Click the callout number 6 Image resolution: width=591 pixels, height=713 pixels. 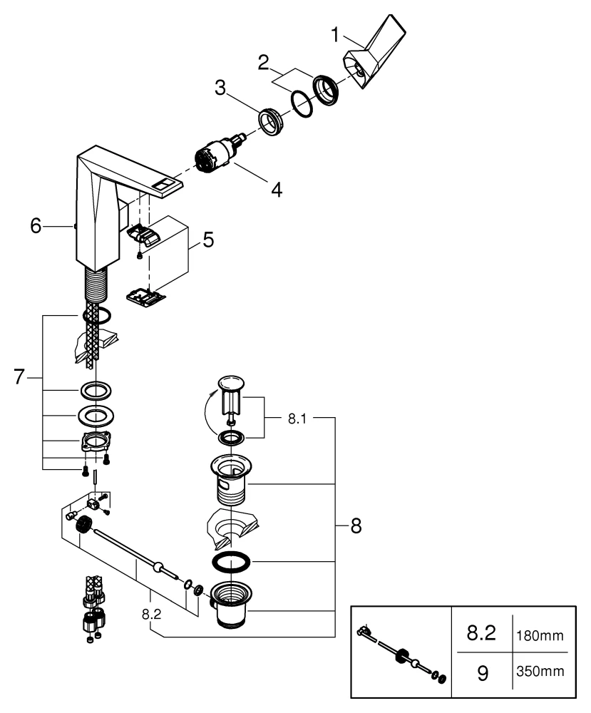(x=36, y=225)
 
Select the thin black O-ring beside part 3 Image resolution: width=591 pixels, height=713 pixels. (x=302, y=106)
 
